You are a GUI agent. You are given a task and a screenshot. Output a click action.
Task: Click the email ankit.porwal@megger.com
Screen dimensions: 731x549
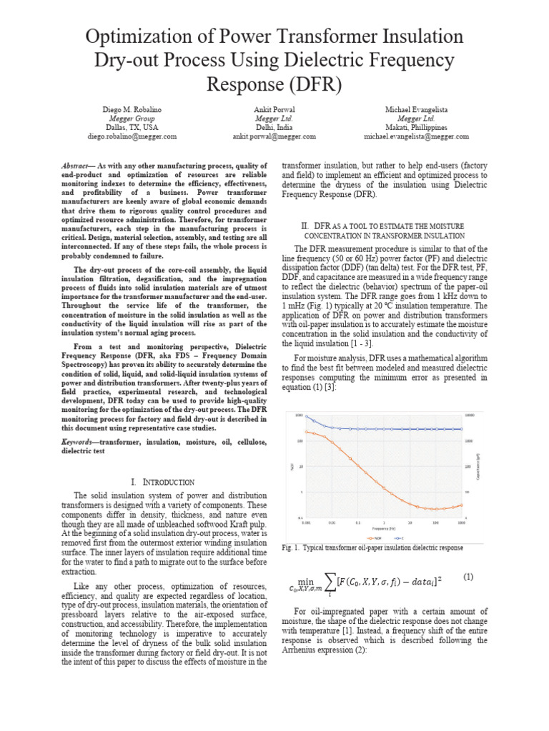click(274, 136)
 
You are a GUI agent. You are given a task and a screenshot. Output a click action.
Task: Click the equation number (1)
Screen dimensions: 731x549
click(468, 576)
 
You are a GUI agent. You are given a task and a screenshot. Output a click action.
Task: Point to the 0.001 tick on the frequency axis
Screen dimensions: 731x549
click(306, 523)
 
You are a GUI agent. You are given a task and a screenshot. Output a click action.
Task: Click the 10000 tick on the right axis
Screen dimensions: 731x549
click(470, 415)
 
